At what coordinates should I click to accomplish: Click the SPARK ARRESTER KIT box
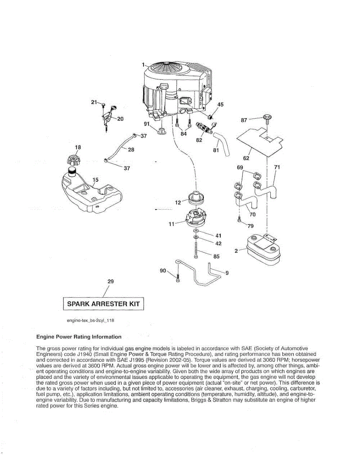pos(103,303)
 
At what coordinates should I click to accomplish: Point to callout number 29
pos(111,281)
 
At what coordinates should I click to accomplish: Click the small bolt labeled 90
pos(177,278)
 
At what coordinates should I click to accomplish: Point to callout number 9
pos(227,273)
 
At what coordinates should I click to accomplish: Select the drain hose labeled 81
pos(221,144)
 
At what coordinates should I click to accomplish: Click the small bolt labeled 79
pos(240,221)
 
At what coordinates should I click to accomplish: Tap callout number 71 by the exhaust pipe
pos(276,167)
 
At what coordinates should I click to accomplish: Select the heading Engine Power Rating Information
pos(79,337)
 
